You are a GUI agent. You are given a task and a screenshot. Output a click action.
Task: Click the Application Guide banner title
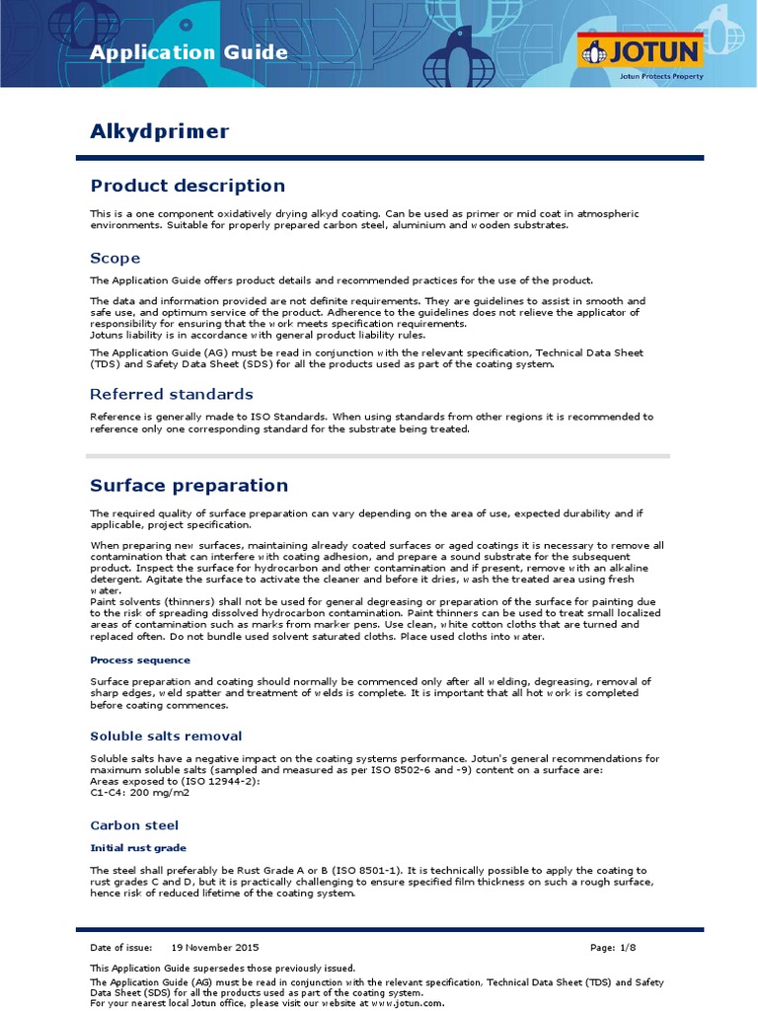click(189, 53)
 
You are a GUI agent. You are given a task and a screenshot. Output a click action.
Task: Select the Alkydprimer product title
click(160, 131)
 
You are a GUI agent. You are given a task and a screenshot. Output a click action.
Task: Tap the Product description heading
click(188, 186)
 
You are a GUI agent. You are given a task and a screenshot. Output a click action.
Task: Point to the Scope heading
click(115, 258)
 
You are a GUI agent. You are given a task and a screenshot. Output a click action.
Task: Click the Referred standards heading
click(172, 394)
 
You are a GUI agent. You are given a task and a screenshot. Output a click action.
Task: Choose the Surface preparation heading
click(189, 485)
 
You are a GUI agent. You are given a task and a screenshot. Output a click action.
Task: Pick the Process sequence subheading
click(140, 660)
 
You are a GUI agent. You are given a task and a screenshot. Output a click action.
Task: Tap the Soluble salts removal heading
click(166, 736)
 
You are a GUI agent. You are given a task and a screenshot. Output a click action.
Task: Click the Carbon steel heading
click(134, 824)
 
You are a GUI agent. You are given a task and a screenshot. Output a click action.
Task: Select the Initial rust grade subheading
click(138, 847)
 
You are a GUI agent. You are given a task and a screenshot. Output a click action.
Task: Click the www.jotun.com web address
click(399, 1003)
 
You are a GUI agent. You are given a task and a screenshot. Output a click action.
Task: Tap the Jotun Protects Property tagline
click(660, 74)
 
